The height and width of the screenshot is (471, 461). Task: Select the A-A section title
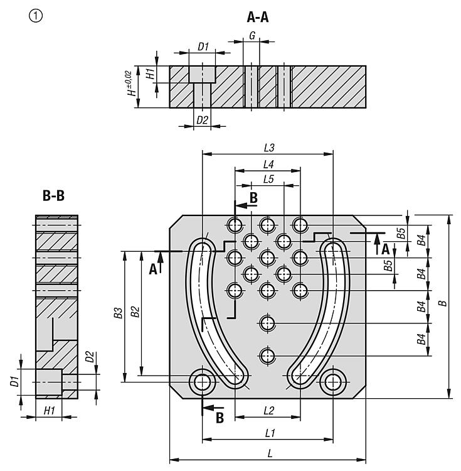coord(258,17)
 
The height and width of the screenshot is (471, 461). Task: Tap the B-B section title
coord(53,196)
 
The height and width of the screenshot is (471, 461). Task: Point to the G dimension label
coord(252,36)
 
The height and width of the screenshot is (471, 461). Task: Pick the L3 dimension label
coord(270,148)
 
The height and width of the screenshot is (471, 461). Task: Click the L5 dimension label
coord(268,179)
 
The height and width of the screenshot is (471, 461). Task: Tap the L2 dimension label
coord(268,411)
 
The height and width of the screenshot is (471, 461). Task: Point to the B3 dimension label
coord(117,314)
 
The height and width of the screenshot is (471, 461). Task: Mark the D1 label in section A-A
coord(203,46)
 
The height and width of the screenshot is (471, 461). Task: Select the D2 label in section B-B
coord(90,357)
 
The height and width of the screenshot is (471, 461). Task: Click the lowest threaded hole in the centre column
coord(268,355)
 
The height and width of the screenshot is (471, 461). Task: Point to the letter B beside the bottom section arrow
coord(220,417)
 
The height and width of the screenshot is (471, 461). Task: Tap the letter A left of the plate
coord(152,270)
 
